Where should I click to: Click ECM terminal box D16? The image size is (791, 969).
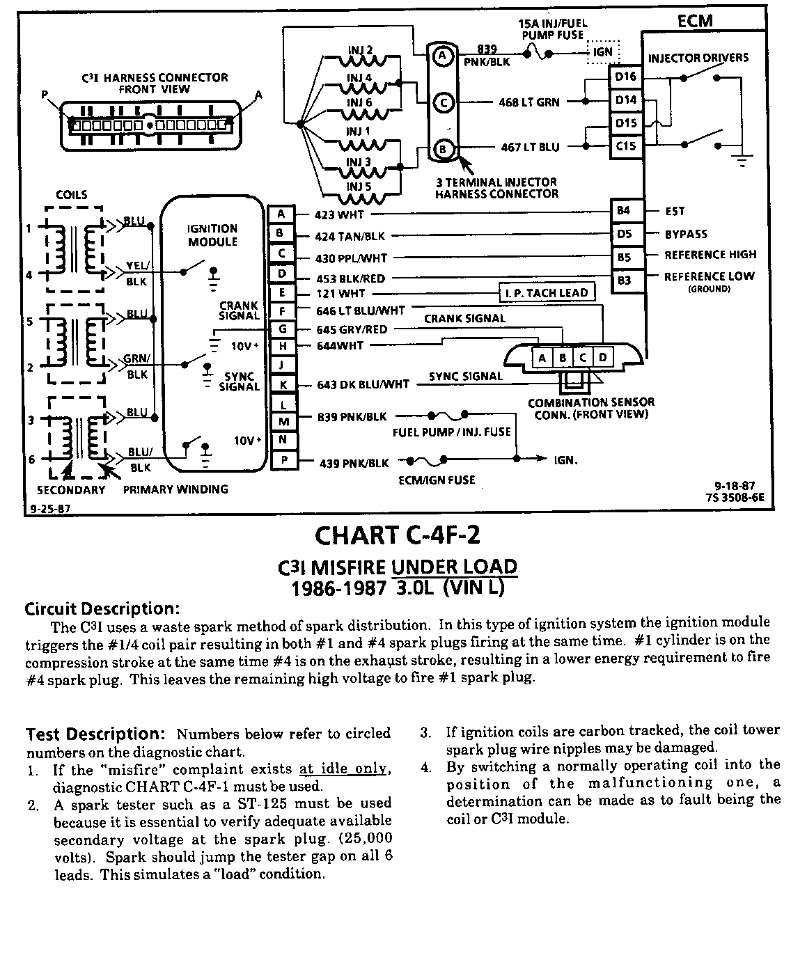pos(625,77)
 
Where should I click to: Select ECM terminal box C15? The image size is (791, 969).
pos(625,146)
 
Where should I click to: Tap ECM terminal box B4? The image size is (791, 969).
pos(624,210)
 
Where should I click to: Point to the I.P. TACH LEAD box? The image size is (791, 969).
pos(547,293)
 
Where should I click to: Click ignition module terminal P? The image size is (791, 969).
pos(282,460)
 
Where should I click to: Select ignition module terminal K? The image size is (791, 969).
pos(282,384)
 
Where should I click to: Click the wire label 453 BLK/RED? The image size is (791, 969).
pos(350,278)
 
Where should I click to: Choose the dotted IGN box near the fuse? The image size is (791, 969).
pos(602,52)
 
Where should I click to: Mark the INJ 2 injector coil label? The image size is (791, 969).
pos(360,50)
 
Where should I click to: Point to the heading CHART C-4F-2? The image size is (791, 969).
pos(398,535)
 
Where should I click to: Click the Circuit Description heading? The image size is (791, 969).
pos(102,609)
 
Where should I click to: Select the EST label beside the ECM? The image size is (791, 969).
pos(675,211)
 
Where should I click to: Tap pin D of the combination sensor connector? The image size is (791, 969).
pos(603,358)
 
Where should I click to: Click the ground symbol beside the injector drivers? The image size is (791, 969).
pos(743,161)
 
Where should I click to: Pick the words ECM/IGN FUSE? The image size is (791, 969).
pos(437,480)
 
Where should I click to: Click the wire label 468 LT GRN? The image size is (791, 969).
pos(529,103)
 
